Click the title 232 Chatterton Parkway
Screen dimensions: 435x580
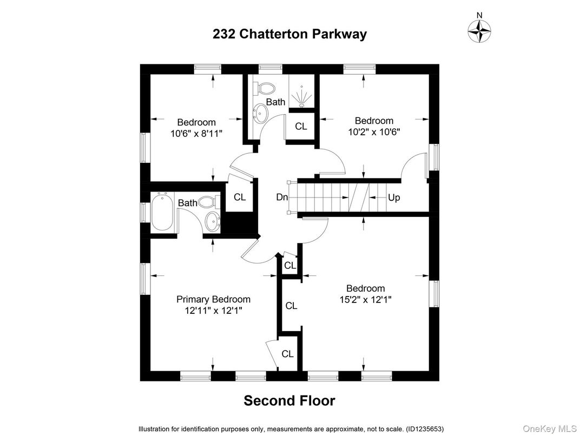pos(289,34)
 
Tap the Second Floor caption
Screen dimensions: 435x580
pos(289,401)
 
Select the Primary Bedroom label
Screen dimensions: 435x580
pos(213,299)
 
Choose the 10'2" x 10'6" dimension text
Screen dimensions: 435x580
pos(373,131)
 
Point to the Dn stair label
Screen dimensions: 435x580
pos(282,197)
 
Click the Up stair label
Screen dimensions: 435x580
pos(394,197)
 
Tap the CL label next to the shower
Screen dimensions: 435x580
pos(301,127)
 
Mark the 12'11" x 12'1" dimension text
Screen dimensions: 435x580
pos(213,311)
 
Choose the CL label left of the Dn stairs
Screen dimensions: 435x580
pos(240,197)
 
